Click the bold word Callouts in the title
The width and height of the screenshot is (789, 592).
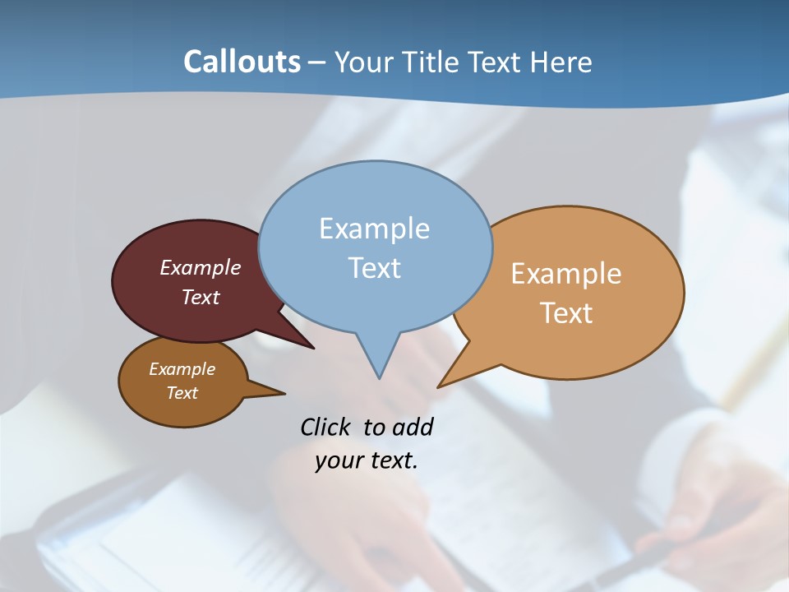tap(242, 62)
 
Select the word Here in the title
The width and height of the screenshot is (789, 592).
tap(561, 62)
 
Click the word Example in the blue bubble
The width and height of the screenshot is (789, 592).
tap(374, 229)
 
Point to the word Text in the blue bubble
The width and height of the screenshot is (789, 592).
tap(374, 268)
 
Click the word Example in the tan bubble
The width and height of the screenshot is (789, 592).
tap(566, 274)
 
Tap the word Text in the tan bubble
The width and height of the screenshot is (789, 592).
tap(566, 313)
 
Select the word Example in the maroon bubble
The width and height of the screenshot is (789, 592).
tap(201, 267)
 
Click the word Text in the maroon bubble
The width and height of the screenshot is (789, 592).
tap(201, 297)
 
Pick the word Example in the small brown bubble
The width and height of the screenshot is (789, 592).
tap(182, 369)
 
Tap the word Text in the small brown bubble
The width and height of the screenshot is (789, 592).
tap(182, 393)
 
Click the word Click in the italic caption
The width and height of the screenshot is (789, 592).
tap(325, 427)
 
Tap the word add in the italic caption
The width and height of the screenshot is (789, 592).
tap(412, 427)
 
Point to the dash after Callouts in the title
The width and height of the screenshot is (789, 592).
tap(318, 62)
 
